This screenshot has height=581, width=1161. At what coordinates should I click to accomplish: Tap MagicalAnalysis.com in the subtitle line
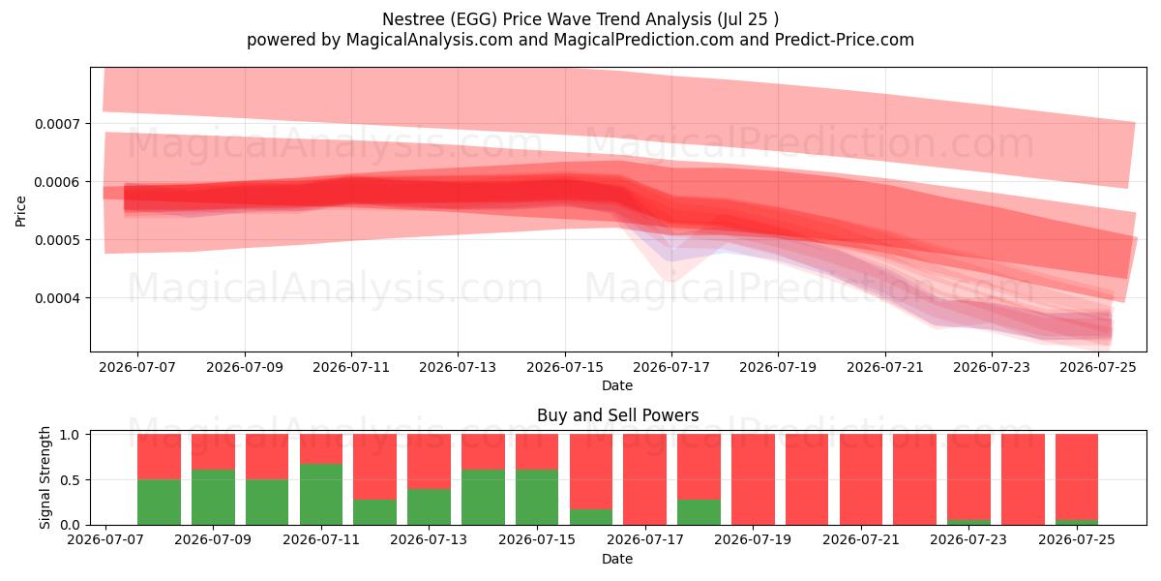coord(430,40)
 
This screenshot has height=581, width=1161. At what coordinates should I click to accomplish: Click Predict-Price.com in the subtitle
coord(845,40)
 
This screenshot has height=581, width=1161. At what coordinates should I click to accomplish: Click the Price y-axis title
coord(20,211)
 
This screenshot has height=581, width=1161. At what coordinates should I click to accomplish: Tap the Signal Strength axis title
coord(45,477)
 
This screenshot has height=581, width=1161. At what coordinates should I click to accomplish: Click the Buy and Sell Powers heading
coord(618,415)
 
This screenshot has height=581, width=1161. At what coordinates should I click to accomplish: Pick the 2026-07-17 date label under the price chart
coord(671,367)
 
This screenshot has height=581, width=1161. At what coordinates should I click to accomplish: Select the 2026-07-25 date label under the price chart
coord(1098,367)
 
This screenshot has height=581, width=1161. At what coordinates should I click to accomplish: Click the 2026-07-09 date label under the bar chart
coord(213,539)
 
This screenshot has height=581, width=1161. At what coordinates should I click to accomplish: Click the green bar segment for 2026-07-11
coord(321,495)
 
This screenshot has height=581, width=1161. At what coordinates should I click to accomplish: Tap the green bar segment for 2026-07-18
coord(699,512)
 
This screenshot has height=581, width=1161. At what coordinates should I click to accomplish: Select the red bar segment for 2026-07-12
coord(375,467)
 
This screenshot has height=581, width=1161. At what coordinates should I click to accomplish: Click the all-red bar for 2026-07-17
coord(644,479)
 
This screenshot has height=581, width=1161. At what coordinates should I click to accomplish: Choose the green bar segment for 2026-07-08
coord(159,503)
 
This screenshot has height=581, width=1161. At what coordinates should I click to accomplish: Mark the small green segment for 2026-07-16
coord(591,517)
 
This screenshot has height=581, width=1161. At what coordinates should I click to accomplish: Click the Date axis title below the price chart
coord(617,386)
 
